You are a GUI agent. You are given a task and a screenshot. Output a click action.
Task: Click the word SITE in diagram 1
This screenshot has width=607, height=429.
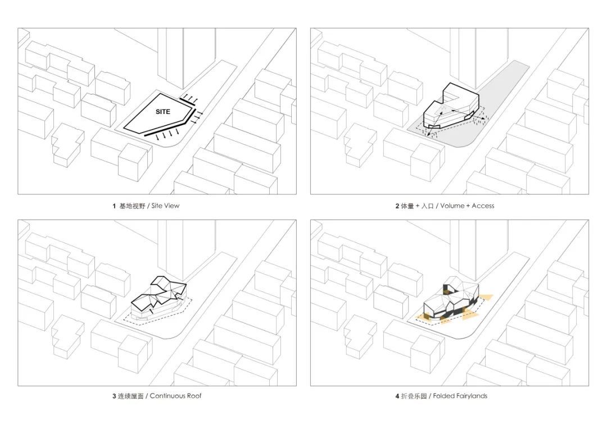[162, 111]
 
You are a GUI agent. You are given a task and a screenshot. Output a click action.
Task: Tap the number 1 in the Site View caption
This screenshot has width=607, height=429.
[114, 206]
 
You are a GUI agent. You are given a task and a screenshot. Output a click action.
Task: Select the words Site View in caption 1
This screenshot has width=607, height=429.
[165, 206]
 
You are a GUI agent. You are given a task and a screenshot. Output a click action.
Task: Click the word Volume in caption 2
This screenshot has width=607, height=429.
[452, 206]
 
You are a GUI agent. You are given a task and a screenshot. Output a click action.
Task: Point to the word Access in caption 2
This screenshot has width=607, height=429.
[483, 206]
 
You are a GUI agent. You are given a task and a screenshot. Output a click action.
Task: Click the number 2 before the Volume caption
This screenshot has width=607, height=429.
[397, 206]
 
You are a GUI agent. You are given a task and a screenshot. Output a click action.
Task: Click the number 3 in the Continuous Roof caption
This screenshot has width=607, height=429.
[114, 396]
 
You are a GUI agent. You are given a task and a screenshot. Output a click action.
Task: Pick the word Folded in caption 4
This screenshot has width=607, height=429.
[443, 396]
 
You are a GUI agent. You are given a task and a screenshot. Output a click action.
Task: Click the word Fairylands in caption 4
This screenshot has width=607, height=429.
[472, 396]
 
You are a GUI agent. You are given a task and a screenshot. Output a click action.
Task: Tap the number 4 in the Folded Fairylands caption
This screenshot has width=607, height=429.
[397, 396]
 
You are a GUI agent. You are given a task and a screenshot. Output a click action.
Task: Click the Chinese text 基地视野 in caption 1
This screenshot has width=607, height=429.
[132, 206]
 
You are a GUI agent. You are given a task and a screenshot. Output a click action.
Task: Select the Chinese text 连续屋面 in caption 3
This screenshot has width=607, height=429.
[130, 396]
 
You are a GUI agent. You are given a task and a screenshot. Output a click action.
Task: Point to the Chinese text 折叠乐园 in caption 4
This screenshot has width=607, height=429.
[414, 396]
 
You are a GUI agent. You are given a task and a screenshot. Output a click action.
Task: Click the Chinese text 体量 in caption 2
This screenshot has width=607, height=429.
[407, 206]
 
